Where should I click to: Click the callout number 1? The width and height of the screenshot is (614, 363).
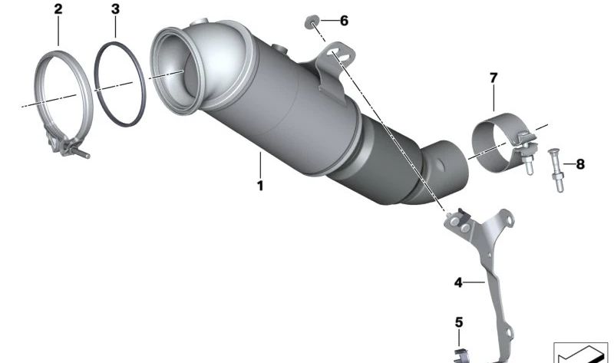260,185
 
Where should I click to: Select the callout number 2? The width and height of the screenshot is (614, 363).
58,9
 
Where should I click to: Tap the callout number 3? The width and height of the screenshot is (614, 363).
115,9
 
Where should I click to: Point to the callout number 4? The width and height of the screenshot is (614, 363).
458,282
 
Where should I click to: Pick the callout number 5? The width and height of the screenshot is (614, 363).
459,322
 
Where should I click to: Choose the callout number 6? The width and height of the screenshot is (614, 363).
344,21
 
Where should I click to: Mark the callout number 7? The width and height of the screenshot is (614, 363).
494,78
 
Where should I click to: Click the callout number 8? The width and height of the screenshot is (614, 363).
580,164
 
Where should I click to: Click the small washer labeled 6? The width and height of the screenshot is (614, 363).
312,22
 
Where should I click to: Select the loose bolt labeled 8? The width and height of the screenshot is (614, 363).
557,170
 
